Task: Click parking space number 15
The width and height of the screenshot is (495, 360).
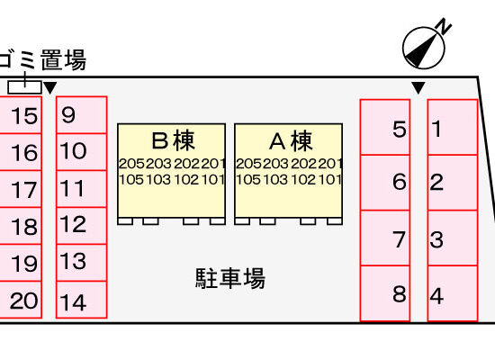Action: [21, 115]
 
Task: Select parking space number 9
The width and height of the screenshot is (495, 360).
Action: [81, 115]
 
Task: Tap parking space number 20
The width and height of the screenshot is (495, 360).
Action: [21, 300]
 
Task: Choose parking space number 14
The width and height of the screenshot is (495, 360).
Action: [81, 300]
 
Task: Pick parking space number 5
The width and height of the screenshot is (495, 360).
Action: [385, 127]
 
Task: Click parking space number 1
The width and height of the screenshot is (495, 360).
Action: [453, 127]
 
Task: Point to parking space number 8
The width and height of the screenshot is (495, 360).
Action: [385, 293]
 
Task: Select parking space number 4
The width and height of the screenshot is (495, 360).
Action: [453, 293]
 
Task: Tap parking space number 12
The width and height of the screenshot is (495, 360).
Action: [81, 226]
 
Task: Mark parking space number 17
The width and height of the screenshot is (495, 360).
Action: [21, 189]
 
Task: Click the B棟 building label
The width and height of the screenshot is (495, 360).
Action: [173, 140]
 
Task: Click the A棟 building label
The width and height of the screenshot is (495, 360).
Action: [291, 140]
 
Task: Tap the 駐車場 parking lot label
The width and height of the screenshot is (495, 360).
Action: [230, 278]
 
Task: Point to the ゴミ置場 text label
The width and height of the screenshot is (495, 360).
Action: [42, 59]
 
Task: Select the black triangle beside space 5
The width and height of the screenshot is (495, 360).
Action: [418, 87]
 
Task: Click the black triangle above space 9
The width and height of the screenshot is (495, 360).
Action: [49, 87]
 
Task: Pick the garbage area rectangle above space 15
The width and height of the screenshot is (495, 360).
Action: [24, 87]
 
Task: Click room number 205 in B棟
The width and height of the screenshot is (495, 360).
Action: [131, 164]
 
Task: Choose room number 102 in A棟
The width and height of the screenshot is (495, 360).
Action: [303, 180]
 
